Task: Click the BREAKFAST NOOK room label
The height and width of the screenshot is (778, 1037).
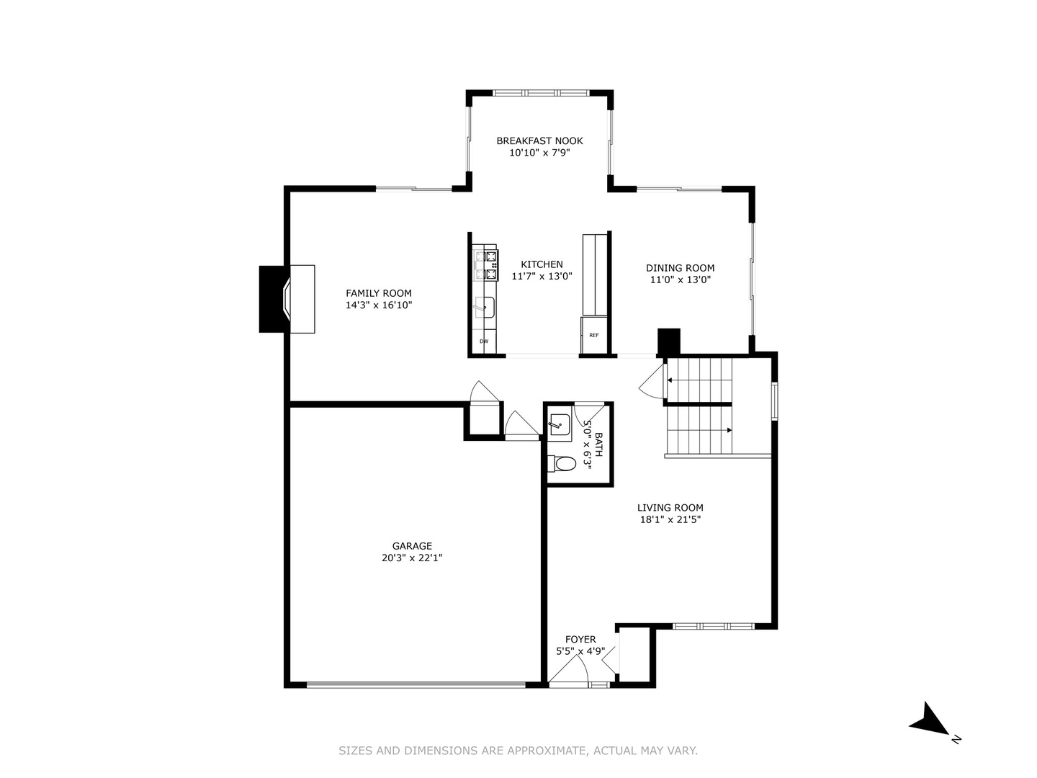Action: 539,140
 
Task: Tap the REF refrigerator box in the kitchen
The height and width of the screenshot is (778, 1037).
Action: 594,336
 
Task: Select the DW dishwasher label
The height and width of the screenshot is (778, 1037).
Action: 484,341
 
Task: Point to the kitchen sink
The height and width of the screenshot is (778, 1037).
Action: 485,308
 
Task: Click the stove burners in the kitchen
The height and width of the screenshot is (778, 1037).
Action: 486,266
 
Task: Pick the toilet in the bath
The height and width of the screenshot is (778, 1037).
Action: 562,464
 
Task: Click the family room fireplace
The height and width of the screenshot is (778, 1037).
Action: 287,299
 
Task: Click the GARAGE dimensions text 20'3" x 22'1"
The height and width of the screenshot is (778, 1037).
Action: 412,558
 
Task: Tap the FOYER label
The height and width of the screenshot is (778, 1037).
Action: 580,639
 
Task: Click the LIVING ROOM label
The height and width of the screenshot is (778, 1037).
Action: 670,508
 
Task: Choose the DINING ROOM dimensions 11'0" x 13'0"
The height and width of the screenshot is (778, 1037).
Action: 681,280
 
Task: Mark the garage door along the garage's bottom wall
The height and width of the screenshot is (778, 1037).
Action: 416,684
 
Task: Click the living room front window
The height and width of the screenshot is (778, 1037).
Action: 714,627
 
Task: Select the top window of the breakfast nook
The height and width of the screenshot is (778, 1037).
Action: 542,93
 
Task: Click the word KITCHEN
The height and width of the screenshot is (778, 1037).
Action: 542,264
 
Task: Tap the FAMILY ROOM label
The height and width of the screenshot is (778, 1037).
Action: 378,293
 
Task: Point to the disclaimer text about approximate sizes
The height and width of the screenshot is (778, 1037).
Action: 518,751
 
